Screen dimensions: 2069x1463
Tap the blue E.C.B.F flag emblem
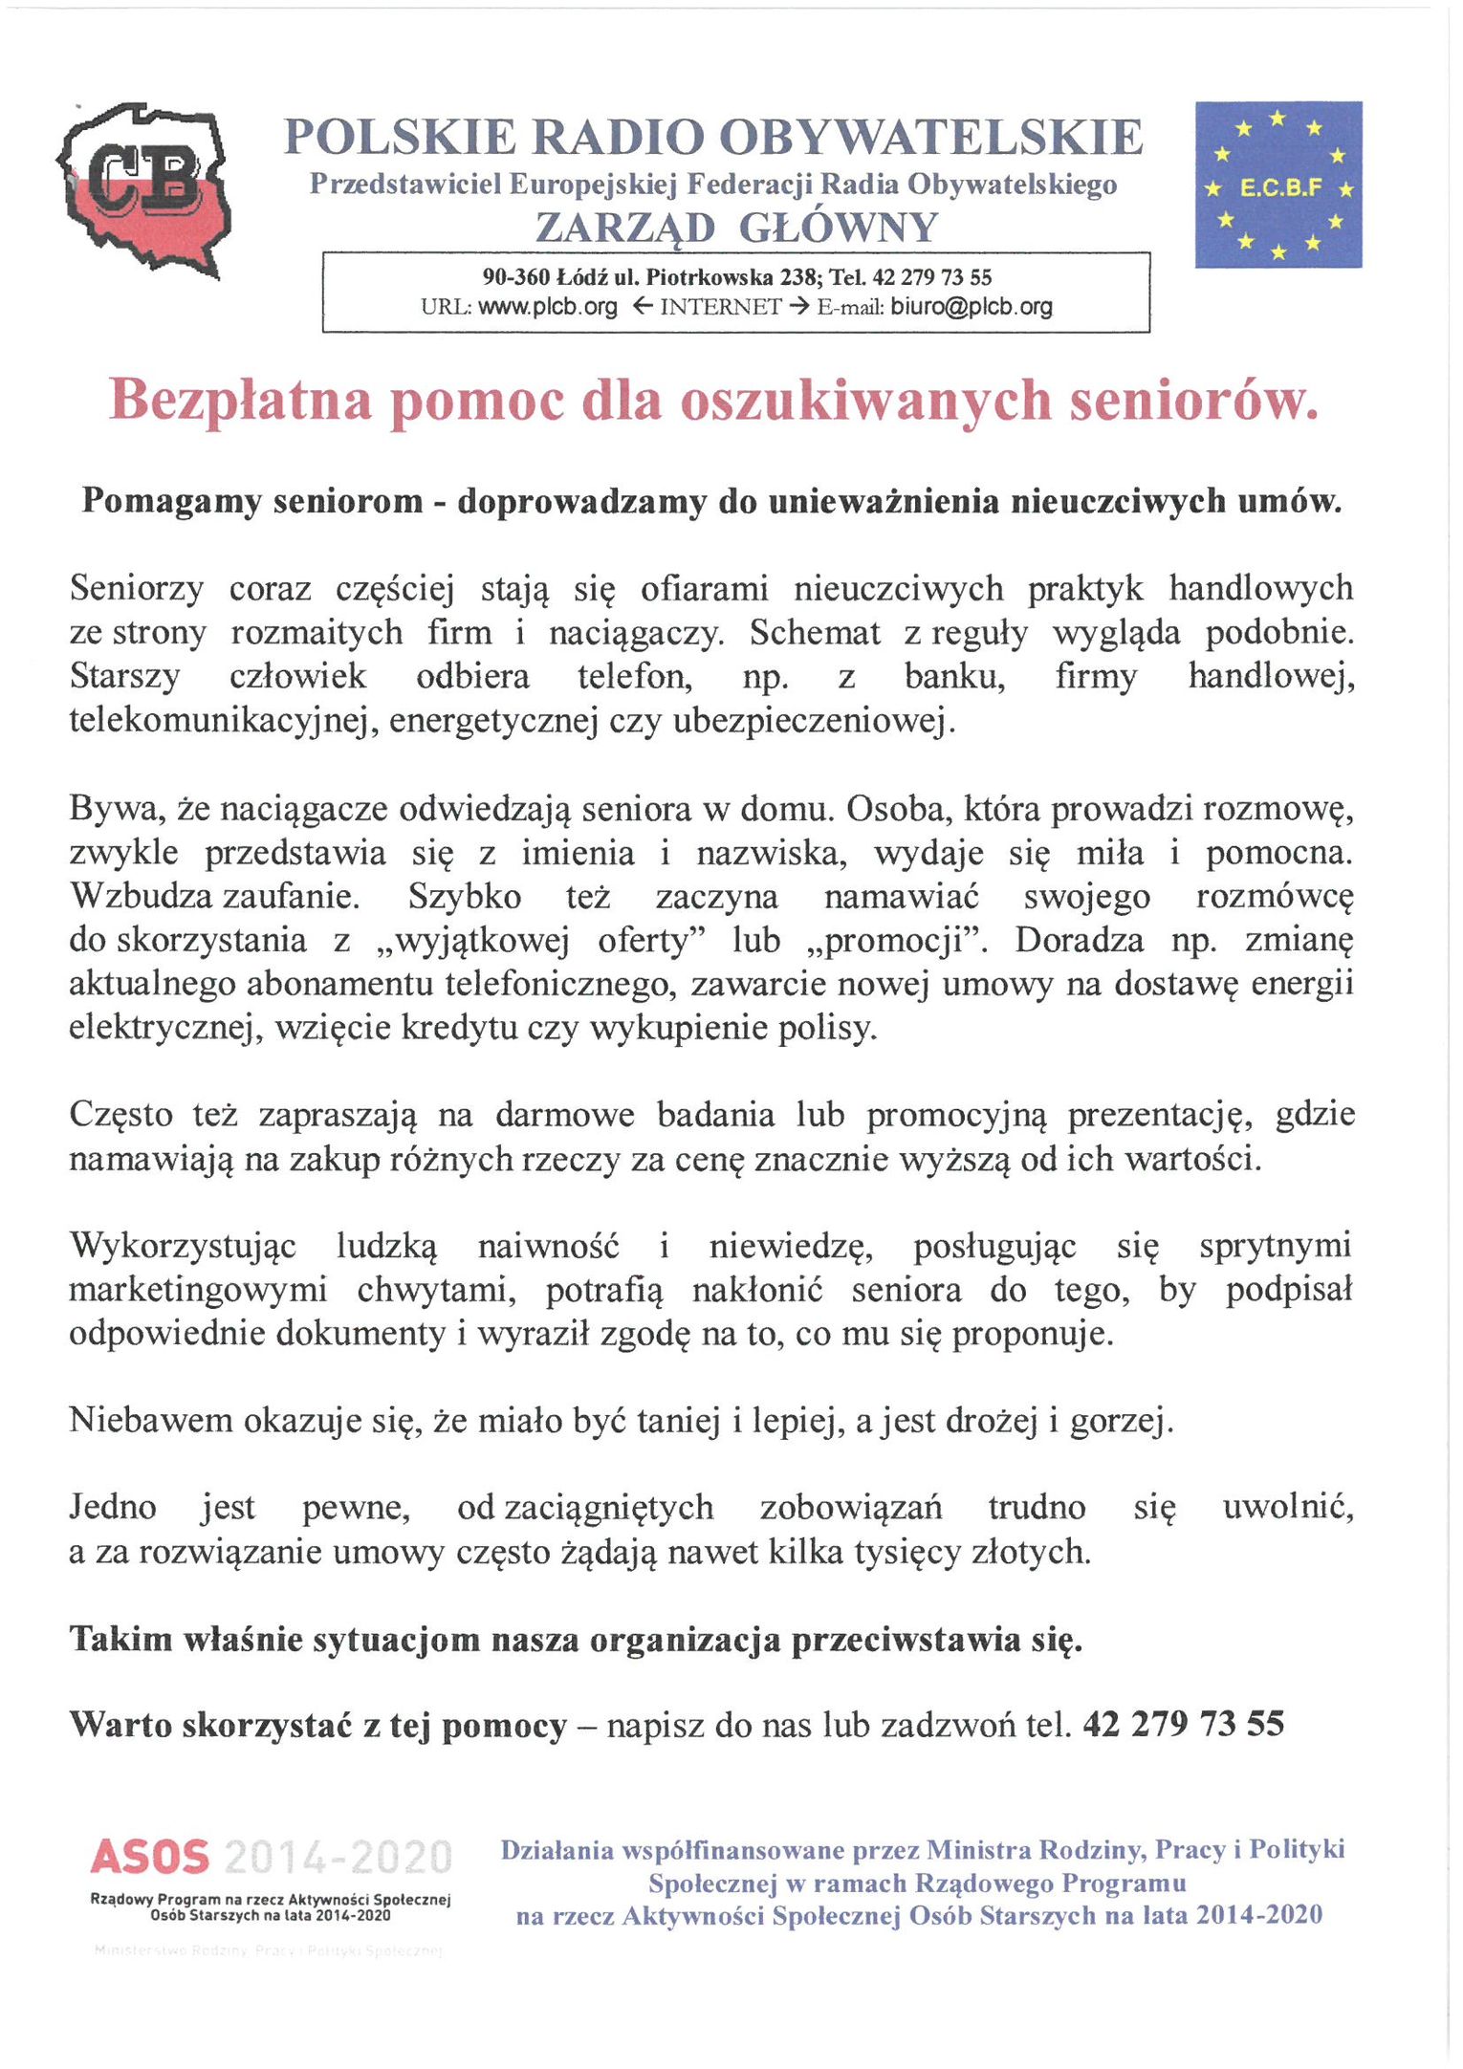[x=1277, y=185]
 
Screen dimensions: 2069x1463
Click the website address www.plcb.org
[x=548, y=307]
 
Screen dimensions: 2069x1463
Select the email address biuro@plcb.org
[x=971, y=307]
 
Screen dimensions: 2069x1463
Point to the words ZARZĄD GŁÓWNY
[x=736, y=228]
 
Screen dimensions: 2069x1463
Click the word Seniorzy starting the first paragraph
[x=137, y=589]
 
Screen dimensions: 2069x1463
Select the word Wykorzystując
[x=183, y=1247]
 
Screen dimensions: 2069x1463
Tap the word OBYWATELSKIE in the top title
[x=930, y=138]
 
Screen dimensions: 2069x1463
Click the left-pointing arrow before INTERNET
[x=644, y=307]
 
